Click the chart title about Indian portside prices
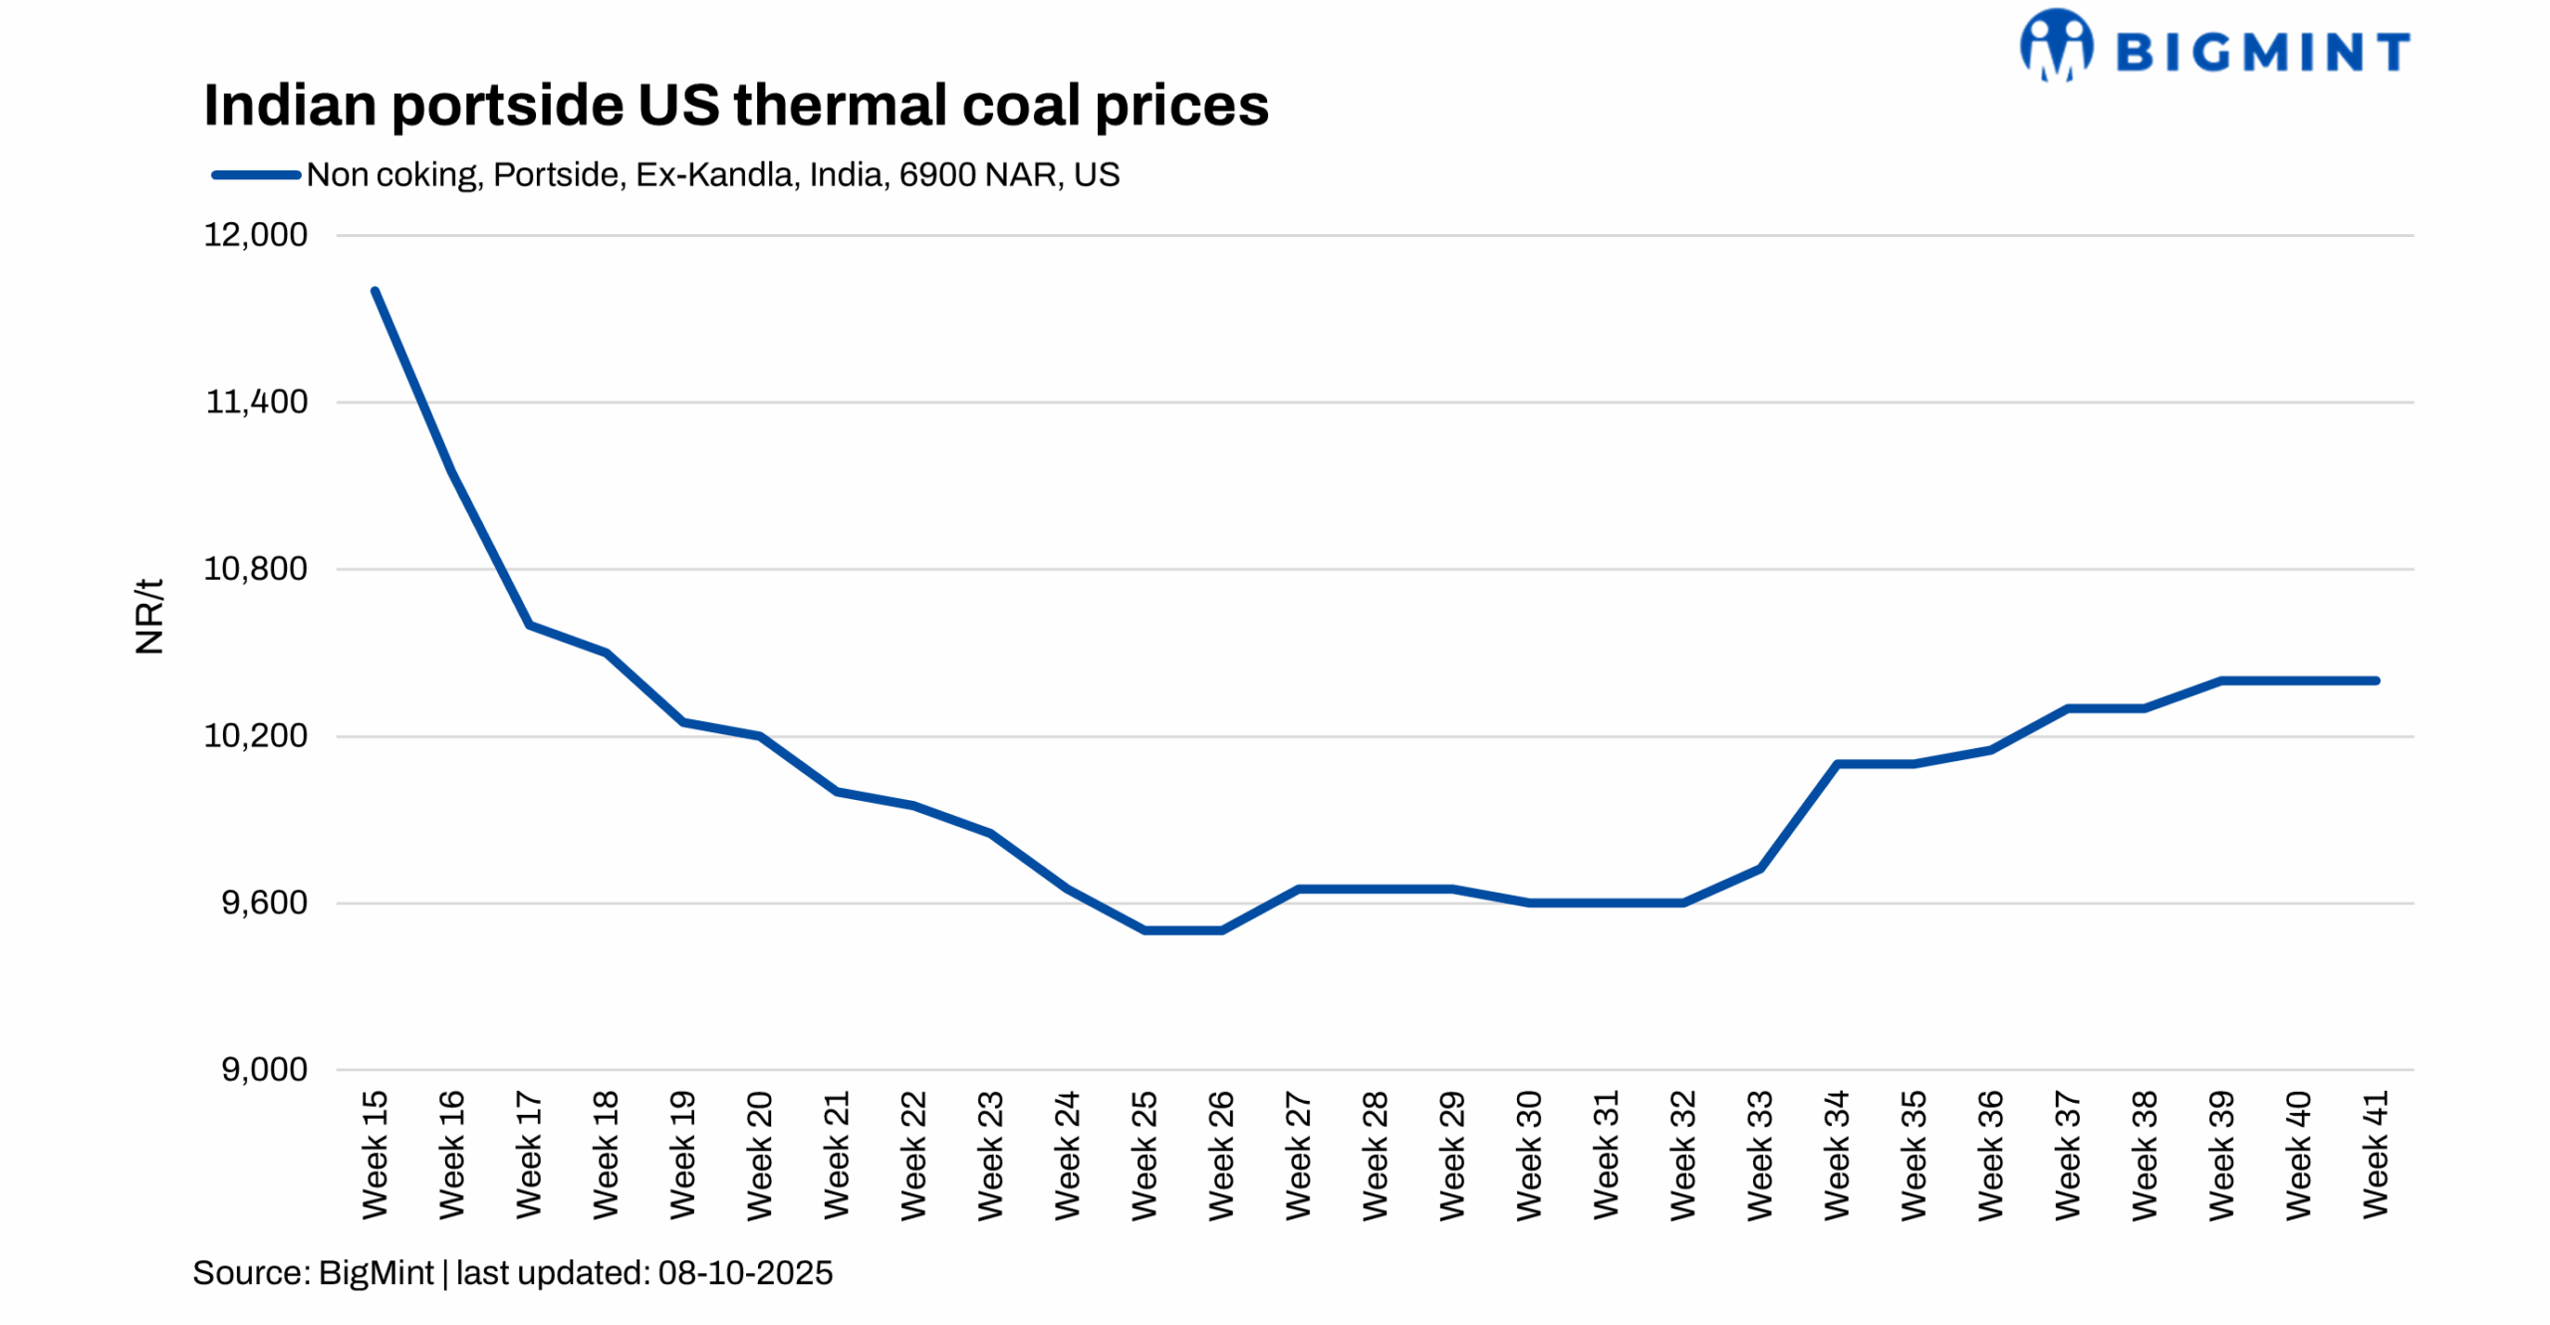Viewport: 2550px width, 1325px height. click(x=735, y=105)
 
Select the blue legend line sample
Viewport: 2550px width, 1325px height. click(x=255, y=175)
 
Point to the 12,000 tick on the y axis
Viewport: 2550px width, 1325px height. click(x=255, y=235)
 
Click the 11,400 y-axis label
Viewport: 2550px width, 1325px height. click(x=256, y=401)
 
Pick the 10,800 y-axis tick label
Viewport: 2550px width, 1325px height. click(x=255, y=569)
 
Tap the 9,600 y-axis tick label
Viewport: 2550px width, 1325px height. click(x=263, y=903)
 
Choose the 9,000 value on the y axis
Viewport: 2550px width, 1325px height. click(x=263, y=1069)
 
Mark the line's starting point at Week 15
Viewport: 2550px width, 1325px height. click(x=375, y=291)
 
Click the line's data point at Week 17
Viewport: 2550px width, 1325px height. click(x=529, y=625)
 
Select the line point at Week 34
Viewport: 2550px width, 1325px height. click(x=1836, y=764)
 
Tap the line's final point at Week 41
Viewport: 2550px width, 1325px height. click(x=2375, y=680)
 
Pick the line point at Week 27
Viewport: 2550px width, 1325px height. click(x=1298, y=889)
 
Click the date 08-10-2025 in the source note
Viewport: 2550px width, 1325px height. click(x=744, y=1273)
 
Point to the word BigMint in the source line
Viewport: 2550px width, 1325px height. click(x=376, y=1273)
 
